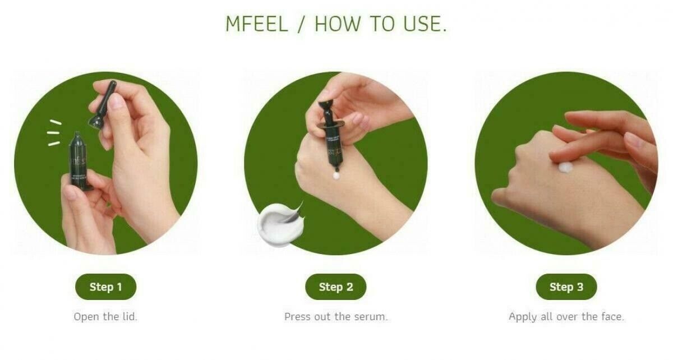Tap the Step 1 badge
click(x=105, y=287)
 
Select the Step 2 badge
click(x=336, y=287)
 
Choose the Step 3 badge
click(x=566, y=287)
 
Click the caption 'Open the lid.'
click(x=105, y=317)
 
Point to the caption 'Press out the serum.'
click(x=336, y=317)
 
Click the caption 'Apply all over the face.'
click(x=566, y=317)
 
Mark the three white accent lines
click(x=54, y=132)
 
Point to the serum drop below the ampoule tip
click(x=336, y=176)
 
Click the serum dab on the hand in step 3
click(x=565, y=167)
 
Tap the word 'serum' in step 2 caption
click(x=370, y=317)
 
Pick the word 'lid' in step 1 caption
click(x=128, y=317)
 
